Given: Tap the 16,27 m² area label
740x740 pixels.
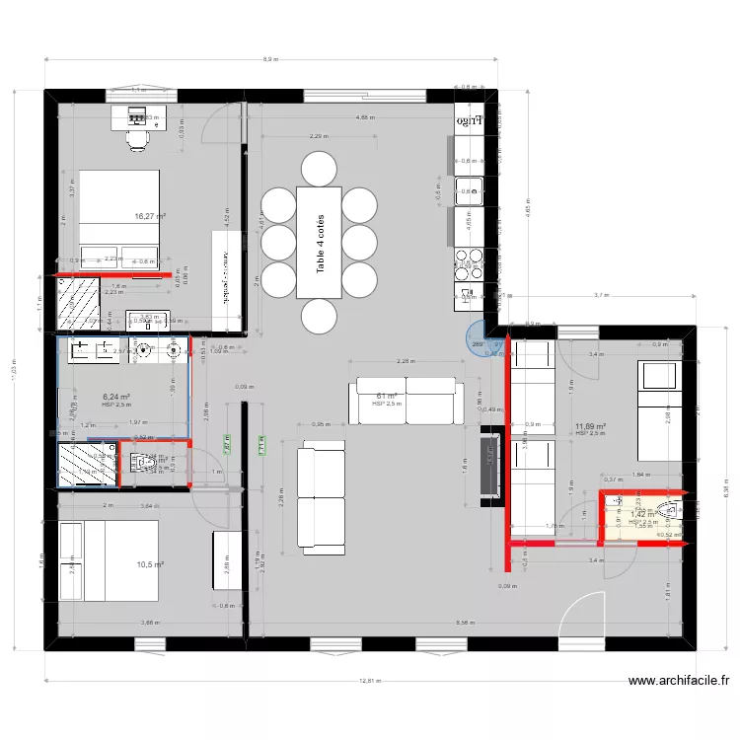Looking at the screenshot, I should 150,216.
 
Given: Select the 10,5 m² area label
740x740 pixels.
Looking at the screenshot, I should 150,564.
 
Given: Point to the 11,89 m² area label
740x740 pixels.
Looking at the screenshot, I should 589,427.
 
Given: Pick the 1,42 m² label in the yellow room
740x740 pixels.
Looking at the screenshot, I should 642,514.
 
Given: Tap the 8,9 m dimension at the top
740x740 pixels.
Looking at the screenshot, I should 269,59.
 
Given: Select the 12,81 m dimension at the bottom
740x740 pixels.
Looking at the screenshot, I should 369,680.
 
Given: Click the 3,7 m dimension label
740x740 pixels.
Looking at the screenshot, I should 601,294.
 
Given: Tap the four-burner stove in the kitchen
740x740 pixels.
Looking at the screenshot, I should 469,259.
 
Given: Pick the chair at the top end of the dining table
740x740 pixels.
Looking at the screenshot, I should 318,168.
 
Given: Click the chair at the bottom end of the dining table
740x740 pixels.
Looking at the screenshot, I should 318,317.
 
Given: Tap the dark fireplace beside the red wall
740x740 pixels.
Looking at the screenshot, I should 488,466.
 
